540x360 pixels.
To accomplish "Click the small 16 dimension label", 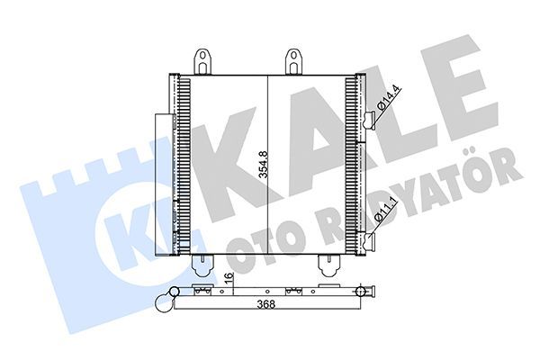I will pyautogui.click(x=229, y=280).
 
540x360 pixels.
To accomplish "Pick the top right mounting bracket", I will pyautogui.click(x=294, y=62).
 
